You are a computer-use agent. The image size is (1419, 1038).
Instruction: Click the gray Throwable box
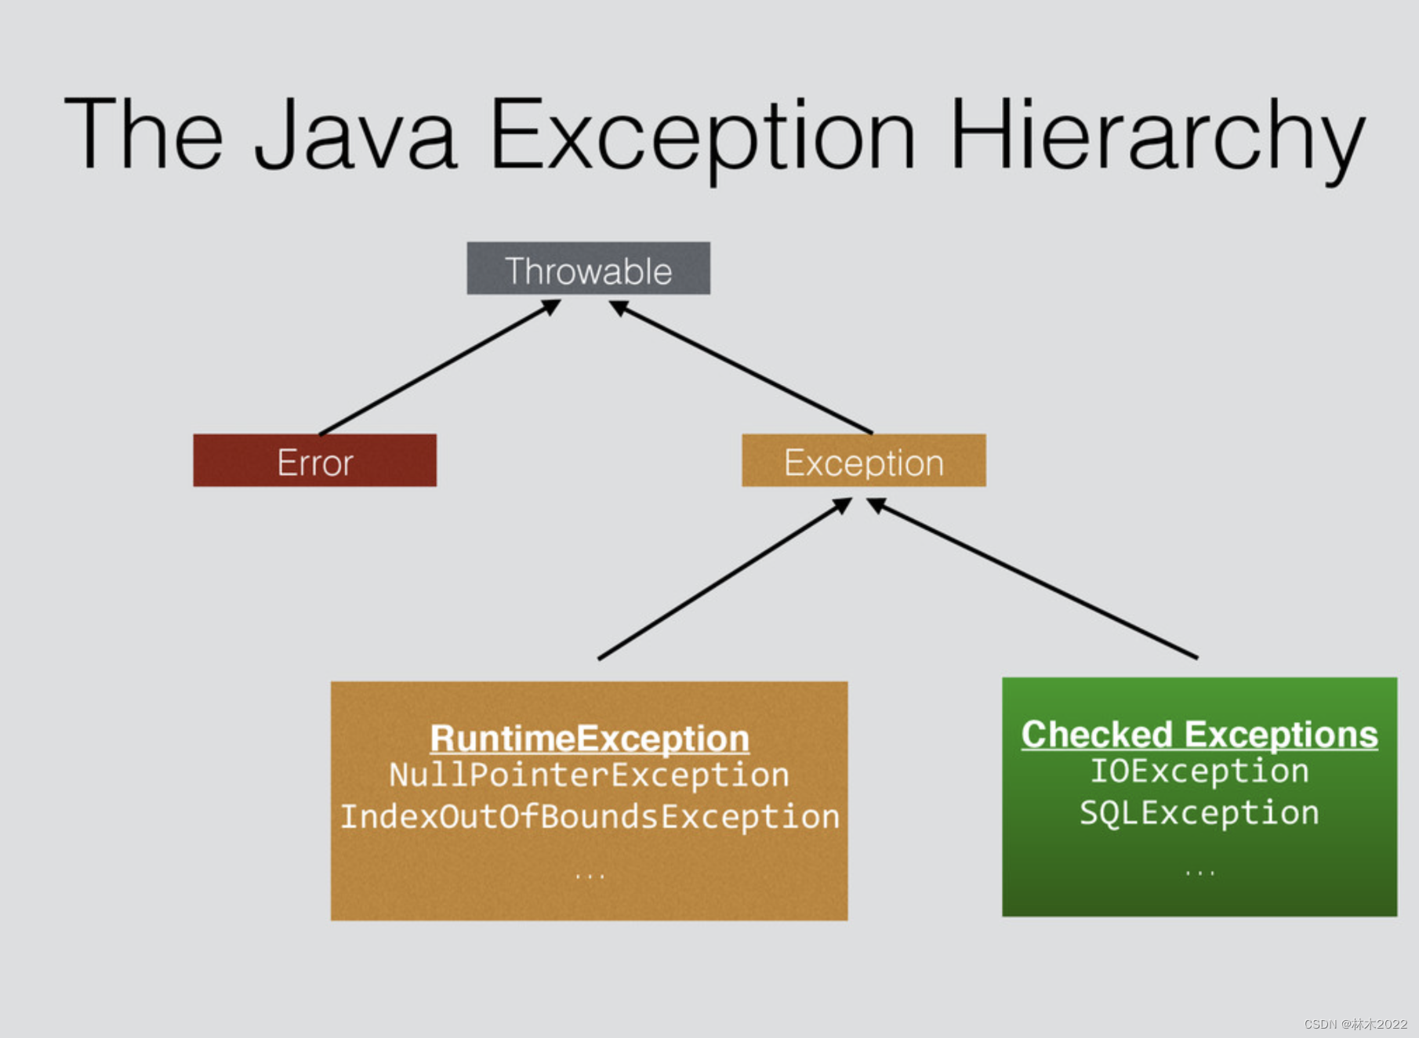(588, 269)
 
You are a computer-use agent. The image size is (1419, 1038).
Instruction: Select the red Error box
(314, 461)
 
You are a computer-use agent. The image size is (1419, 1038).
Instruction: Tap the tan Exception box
(863, 461)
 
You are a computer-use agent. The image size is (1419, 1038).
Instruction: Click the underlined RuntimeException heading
(589, 739)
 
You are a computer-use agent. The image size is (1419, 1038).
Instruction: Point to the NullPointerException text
(589, 775)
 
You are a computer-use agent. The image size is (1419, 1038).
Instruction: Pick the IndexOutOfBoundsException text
(589, 817)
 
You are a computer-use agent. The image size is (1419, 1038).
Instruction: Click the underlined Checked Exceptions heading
(1199, 735)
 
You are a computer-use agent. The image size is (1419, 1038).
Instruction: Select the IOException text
(1199, 771)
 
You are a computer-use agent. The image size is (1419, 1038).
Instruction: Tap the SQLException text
(1199, 813)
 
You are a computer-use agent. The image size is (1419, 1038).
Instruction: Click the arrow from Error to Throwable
(439, 368)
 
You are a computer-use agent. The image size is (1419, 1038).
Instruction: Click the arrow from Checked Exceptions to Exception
(1035, 580)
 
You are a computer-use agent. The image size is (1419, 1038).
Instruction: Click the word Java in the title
(355, 133)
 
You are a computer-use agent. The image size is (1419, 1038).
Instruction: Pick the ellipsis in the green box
(1199, 872)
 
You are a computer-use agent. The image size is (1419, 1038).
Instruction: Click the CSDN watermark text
(1355, 1024)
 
